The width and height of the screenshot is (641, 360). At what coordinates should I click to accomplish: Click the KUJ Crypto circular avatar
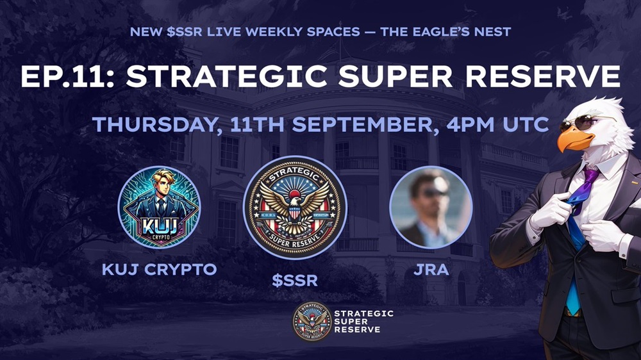coord(159,207)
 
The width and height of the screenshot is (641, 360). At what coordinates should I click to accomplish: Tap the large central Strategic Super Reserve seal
coord(295,208)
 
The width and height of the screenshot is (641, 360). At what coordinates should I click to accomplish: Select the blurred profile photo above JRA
coord(431,207)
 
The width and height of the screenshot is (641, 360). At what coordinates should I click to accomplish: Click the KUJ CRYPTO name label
coord(160,269)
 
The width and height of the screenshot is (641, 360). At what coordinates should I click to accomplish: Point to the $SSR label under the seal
coord(295,281)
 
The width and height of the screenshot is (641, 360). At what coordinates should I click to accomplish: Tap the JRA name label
coord(431,270)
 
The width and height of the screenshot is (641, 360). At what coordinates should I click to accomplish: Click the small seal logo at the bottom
coord(312,322)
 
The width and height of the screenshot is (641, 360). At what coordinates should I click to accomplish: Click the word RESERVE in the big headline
coord(542,76)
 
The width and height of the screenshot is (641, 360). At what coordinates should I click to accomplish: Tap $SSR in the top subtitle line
coord(185,31)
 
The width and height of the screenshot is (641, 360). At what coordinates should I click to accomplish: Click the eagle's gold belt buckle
coord(572,312)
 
